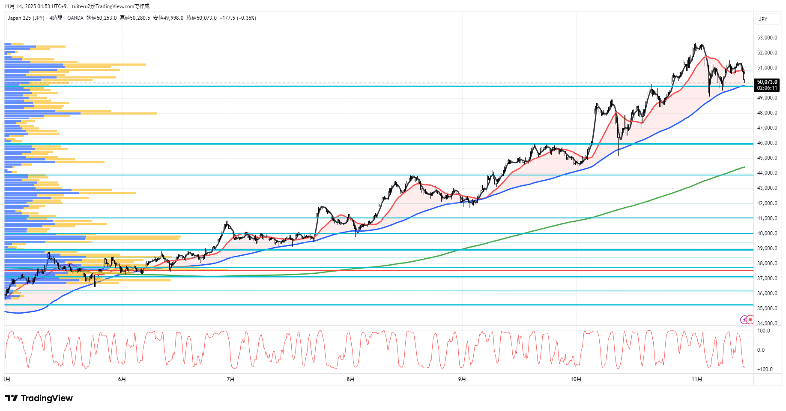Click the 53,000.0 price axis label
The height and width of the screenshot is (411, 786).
point(767,38)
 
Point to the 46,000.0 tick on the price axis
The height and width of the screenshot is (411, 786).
point(767,143)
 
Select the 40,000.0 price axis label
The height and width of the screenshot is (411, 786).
point(767,233)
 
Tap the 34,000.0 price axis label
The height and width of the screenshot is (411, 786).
point(767,323)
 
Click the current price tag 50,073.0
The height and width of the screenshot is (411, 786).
point(767,82)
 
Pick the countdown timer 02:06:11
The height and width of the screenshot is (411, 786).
point(767,88)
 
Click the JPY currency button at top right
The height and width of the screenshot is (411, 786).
point(763,19)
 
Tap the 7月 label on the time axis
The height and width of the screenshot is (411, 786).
point(231,379)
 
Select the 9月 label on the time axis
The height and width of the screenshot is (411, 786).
point(462,379)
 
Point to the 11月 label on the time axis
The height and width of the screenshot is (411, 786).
point(697,379)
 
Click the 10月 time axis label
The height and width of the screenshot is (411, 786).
point(576,379)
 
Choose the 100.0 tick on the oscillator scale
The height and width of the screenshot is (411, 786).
point(763,331)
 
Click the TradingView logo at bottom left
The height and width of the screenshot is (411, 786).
point(39,398)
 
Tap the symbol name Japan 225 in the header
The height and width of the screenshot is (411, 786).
point(19,18)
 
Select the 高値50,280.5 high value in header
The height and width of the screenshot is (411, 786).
point(135,18)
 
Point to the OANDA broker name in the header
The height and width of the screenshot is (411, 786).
point(75,18)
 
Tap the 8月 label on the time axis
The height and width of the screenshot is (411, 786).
point(350,379)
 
